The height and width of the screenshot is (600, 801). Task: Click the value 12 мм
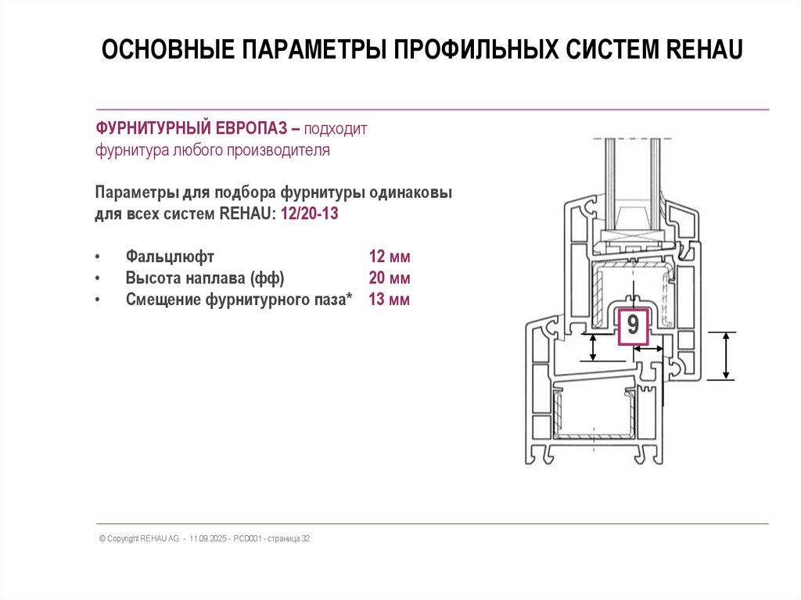click(x=390, y=257)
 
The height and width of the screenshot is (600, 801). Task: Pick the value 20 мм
click(x=390, y=278)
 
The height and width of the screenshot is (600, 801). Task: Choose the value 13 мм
click(x=390, y=300)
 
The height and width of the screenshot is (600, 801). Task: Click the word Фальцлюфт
click(x=170, y=257)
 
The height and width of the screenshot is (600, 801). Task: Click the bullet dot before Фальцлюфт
click(x=97, y=257)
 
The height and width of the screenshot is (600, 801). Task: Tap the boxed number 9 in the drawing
click(x=633, y=325)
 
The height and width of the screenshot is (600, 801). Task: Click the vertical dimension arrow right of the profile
click(x=728, y=356)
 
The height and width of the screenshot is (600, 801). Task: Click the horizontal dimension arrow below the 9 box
click(x=648, y=363)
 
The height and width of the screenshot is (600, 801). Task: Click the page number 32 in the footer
click(x=306, y=539)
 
